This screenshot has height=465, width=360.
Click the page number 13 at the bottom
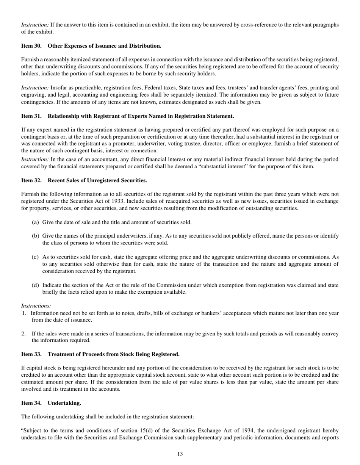click(x=180, y=454)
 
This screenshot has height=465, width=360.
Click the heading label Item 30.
click(x=31, y=46)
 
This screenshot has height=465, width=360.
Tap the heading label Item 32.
click(x=31, y=180)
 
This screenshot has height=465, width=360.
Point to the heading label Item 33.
click(x=31, y=354)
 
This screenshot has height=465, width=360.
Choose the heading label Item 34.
click(x=31, y=403)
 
